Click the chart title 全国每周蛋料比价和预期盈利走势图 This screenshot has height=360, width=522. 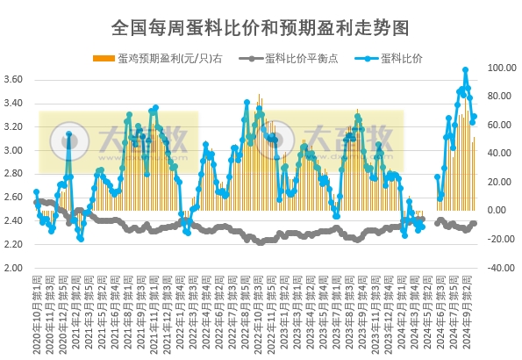point(261,27)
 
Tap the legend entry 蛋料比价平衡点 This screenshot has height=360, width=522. point(296,59)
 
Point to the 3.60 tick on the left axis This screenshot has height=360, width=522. point(13,80)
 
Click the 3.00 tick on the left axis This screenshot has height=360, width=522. point(13,150)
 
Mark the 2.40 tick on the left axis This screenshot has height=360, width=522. point(13,220)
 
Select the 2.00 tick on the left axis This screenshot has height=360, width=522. point(13,268)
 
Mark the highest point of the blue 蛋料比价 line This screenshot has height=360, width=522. point(465,69)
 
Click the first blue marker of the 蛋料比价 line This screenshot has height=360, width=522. point(36,191)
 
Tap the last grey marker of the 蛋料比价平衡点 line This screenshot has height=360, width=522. point(475,223)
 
